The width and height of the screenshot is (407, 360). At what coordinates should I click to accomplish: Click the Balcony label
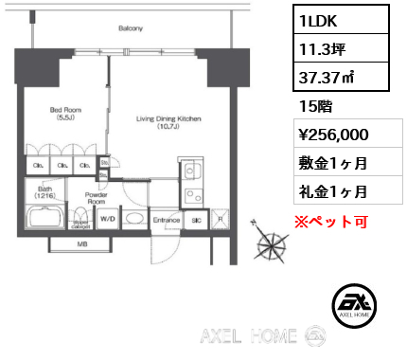point(130,28)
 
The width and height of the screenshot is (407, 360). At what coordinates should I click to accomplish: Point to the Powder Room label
point(96,198)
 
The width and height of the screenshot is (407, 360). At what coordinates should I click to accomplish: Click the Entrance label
point(166,220)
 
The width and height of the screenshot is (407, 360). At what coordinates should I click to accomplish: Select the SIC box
point(197,220)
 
